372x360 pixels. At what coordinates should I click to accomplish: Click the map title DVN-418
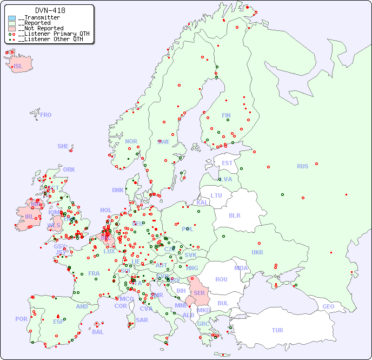coord(50,10)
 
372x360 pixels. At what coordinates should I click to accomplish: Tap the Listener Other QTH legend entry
coord(50,39)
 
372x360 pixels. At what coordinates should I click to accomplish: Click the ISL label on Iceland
coord(18,67)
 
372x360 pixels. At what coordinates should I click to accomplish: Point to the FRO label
coord(46,115)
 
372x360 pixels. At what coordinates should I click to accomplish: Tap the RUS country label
coord(302,166)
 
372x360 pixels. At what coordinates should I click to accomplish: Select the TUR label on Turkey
coord(277,330)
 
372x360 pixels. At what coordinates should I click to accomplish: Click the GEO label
coord(328,306)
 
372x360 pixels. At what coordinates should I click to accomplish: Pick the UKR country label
coord(257,252)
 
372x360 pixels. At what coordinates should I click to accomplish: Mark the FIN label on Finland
coord(226,115)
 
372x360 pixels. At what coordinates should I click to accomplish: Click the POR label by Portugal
coord(21,319)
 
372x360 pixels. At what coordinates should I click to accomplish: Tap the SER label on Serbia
coord(199,293)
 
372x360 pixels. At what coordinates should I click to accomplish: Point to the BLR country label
coord(234,215)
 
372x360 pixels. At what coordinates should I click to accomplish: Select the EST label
coord(227,163)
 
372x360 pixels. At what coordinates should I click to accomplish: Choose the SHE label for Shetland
coord(63,146)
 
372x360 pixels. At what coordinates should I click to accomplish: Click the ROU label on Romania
coord(221,279)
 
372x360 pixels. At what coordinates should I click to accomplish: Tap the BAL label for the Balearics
coord(98,332)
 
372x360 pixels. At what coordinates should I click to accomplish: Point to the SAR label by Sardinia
coord(142,319)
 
